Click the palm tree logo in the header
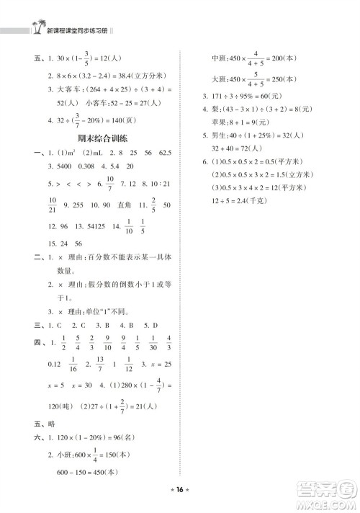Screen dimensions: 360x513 tap(34, 29)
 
